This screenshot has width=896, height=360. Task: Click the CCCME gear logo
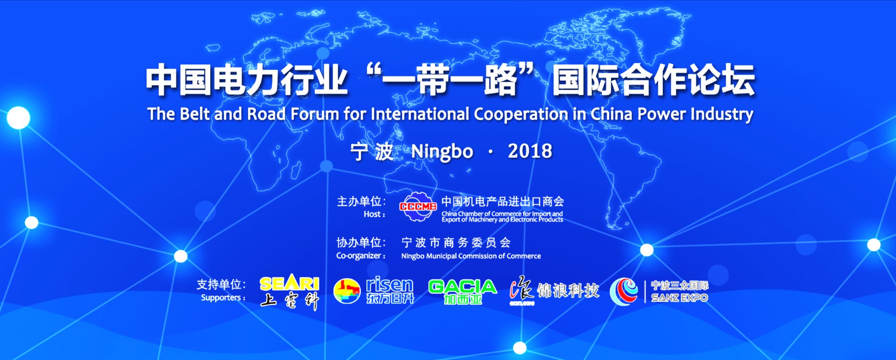pos(418,207)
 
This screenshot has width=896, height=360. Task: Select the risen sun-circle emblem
pos(347,291)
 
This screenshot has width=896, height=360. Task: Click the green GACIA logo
pos(463,286)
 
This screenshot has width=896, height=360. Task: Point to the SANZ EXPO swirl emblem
pos(624,291)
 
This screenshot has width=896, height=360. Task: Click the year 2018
pos(530,151)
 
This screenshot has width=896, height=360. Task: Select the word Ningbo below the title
pos(442,152)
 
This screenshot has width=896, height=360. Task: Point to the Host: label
pos(374,214)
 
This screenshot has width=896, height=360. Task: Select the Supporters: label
pos(223,298)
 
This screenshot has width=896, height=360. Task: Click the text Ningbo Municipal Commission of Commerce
pos(471,256)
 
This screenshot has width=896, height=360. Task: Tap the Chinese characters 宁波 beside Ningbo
pos(372,152)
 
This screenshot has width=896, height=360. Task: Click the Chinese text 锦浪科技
pos(568,291)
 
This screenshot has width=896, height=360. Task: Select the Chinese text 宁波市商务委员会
pos(456,243)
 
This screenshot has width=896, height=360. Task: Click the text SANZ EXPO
pos(680,298)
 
